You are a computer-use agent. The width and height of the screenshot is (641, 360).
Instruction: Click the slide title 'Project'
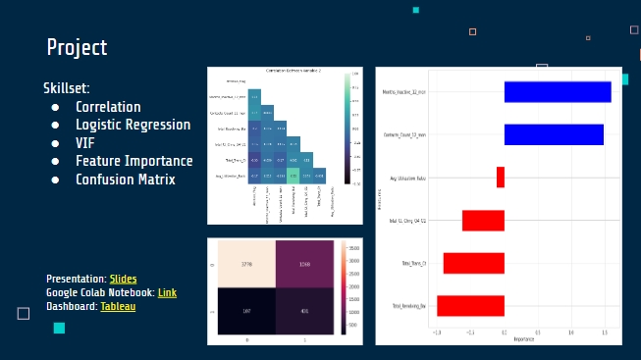tap(77, 47)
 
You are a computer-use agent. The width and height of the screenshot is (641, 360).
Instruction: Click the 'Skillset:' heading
tap(67, 88)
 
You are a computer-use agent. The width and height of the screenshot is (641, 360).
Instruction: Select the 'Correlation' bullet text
tap(108, 107)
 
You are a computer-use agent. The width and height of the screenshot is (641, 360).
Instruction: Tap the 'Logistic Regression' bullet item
tap(133, 125)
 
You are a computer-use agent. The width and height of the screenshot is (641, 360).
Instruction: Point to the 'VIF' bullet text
tap(85, 143)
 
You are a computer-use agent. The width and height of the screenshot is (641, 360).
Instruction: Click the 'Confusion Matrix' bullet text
tap(125, 180)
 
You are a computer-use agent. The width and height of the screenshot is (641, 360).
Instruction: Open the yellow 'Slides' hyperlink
tap(123, 279)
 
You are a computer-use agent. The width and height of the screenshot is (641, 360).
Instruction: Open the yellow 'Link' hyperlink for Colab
tap(167, 292)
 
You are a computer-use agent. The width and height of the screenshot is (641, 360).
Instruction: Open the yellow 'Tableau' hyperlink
tap(118, 306)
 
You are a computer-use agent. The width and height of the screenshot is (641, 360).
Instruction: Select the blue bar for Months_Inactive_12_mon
tap(557, 91)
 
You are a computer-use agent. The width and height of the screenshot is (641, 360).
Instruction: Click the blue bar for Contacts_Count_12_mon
tap(553, 134)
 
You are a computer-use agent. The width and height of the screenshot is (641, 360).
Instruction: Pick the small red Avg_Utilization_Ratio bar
tap(500, 178)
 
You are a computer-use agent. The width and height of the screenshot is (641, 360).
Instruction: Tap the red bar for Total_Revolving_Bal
tap(470, 306)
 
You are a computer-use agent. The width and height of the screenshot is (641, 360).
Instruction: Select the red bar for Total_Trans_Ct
tap(473, 263)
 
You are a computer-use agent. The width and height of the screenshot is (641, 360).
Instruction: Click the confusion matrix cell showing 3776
tap(246, 264)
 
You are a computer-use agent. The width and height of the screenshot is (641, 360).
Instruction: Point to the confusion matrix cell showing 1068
tap(304, 264)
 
